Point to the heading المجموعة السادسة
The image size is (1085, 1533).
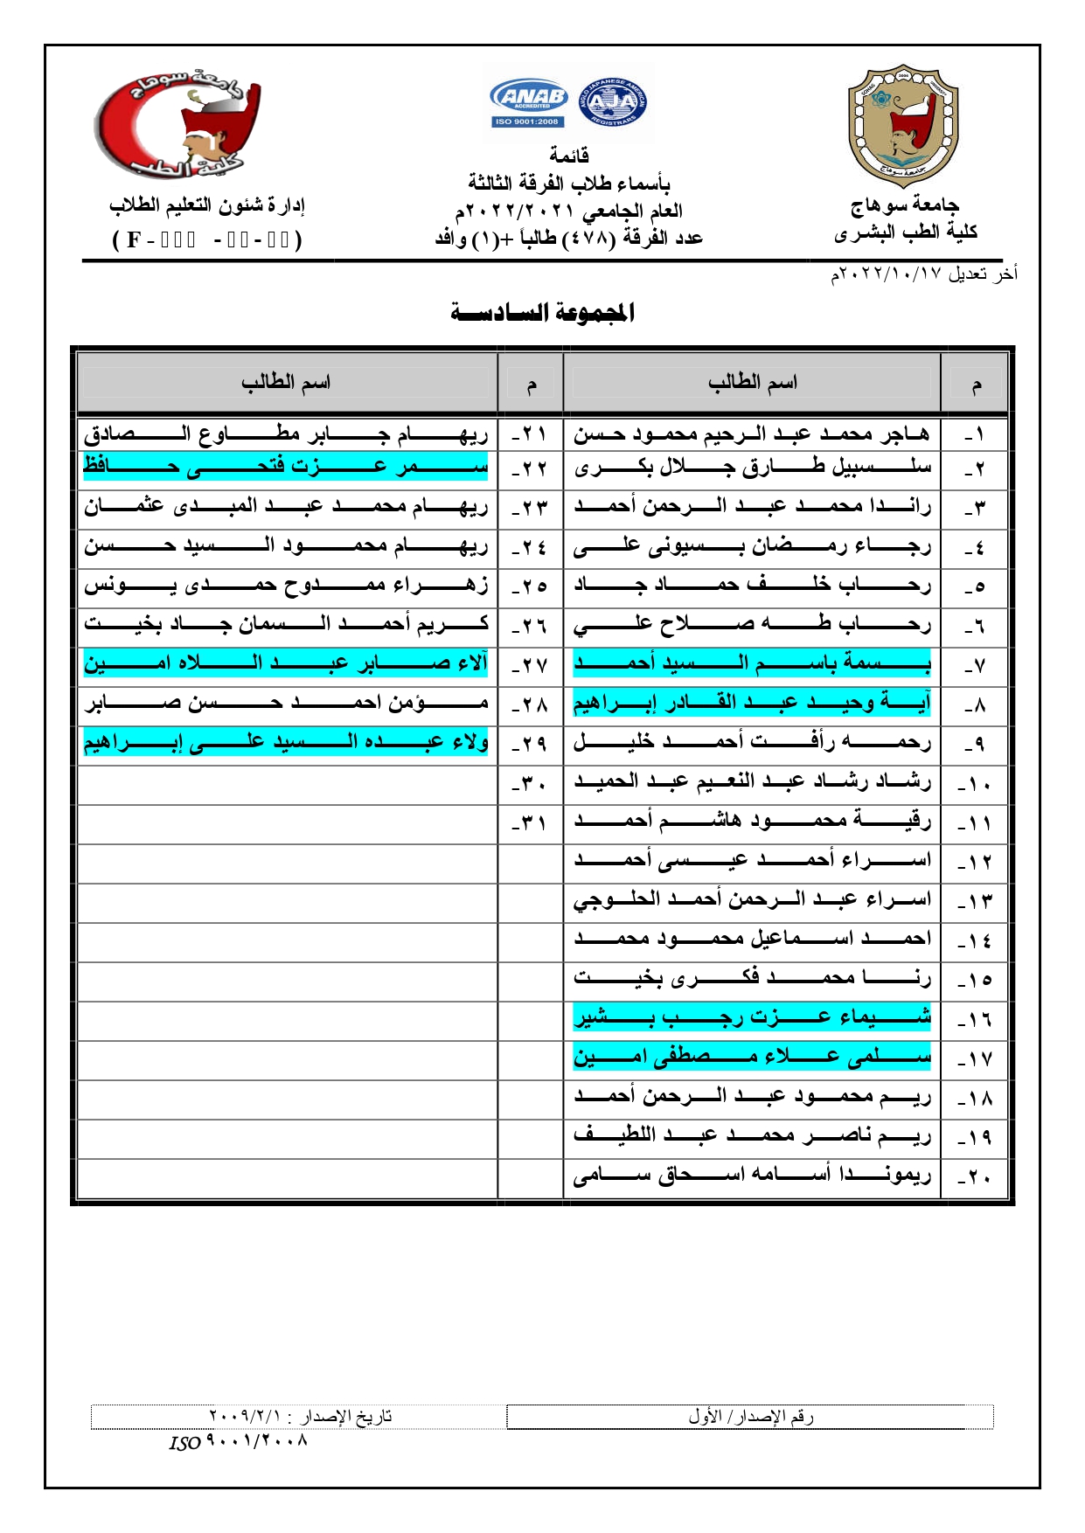542,312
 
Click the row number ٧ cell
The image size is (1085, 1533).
975,665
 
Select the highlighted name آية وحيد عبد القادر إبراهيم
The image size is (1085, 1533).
752,704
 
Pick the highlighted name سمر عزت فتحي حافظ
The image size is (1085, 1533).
286,468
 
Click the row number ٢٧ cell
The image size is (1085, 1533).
530,665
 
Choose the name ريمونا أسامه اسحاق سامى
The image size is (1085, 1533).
752,1176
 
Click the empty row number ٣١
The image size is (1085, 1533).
530,823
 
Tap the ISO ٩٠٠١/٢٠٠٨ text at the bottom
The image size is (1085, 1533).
239,1442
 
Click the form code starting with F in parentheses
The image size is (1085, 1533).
208,239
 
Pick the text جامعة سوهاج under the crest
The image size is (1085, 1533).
905,206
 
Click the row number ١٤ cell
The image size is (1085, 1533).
975,940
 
